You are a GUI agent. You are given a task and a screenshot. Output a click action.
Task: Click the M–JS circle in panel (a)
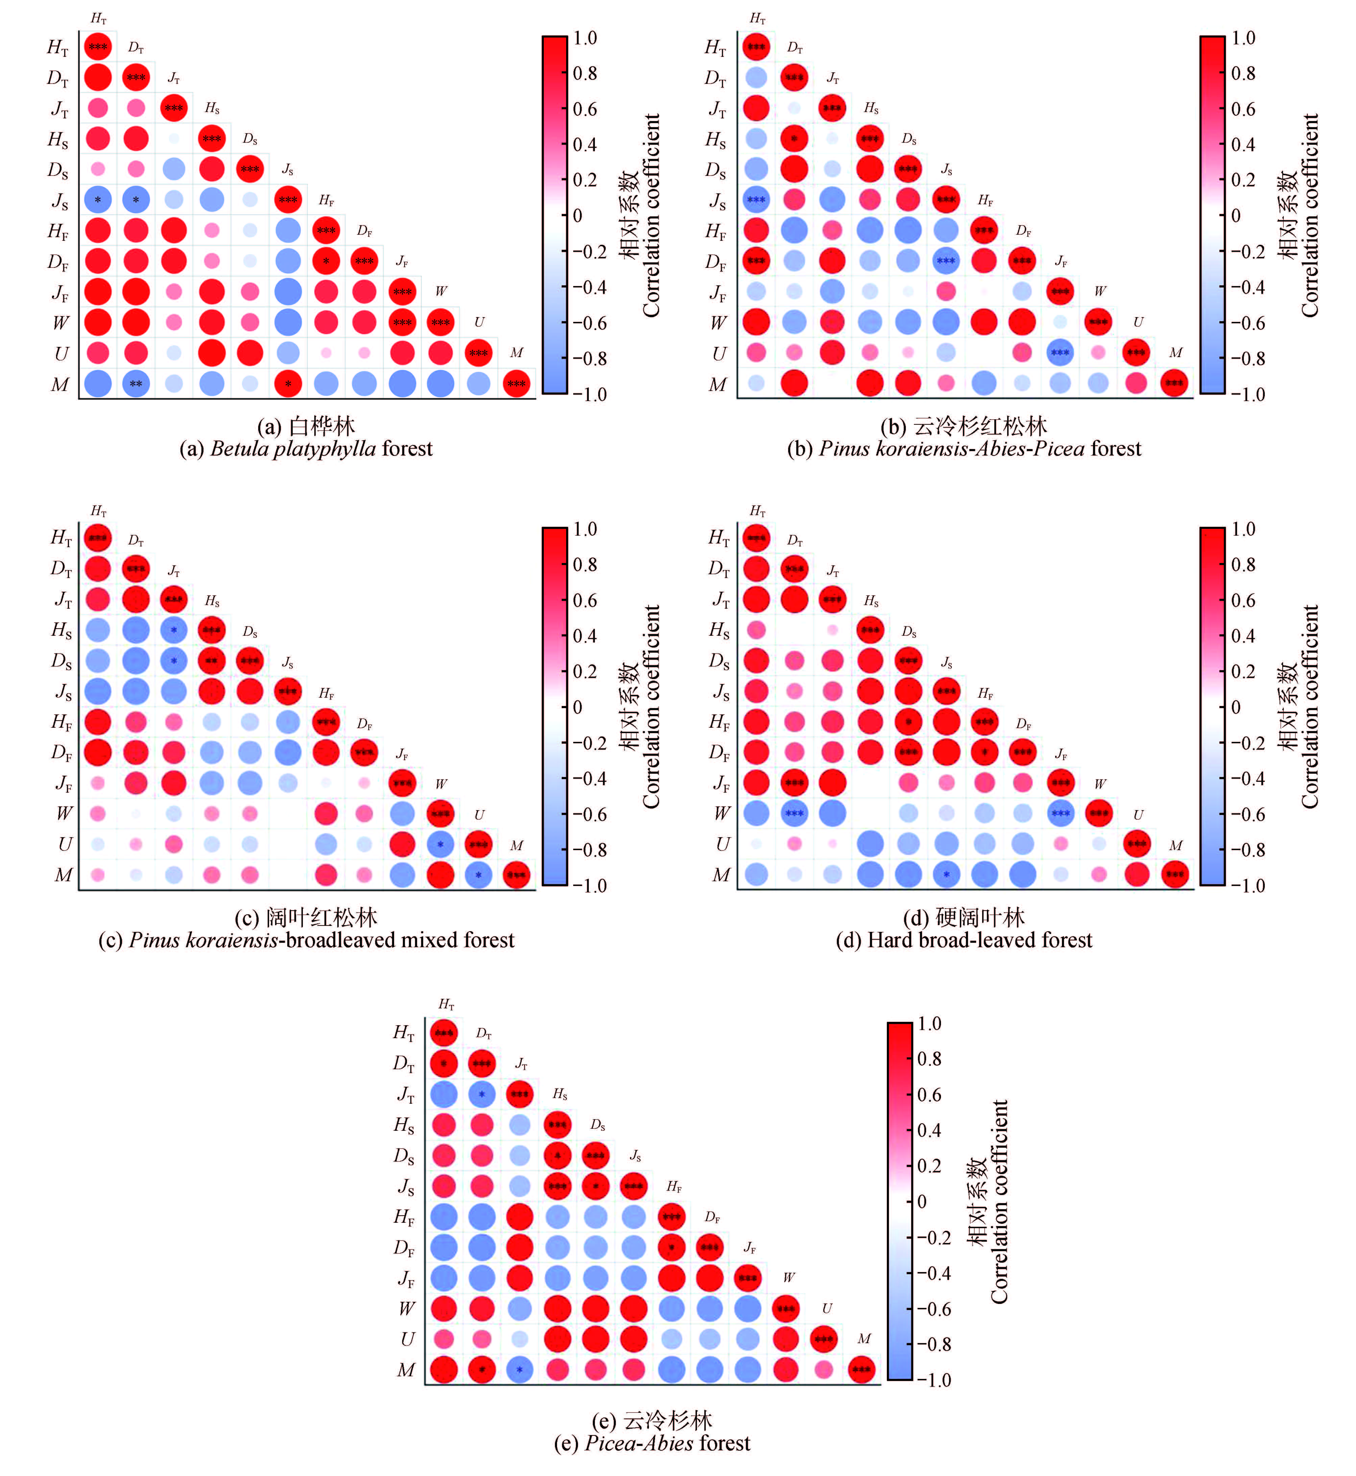click(x=288, y=383)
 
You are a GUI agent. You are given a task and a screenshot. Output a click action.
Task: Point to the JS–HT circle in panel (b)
click(x=756, y=200)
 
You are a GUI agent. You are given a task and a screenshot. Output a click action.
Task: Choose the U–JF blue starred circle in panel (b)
click(x=1060, y=352)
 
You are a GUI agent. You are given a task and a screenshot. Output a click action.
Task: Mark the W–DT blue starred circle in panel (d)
click(x=794, y=813)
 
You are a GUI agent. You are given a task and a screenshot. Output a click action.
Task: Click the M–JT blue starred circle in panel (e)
click(x=519, y=1369)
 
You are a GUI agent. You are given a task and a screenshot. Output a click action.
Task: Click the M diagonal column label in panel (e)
click(x=864, y=1339)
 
